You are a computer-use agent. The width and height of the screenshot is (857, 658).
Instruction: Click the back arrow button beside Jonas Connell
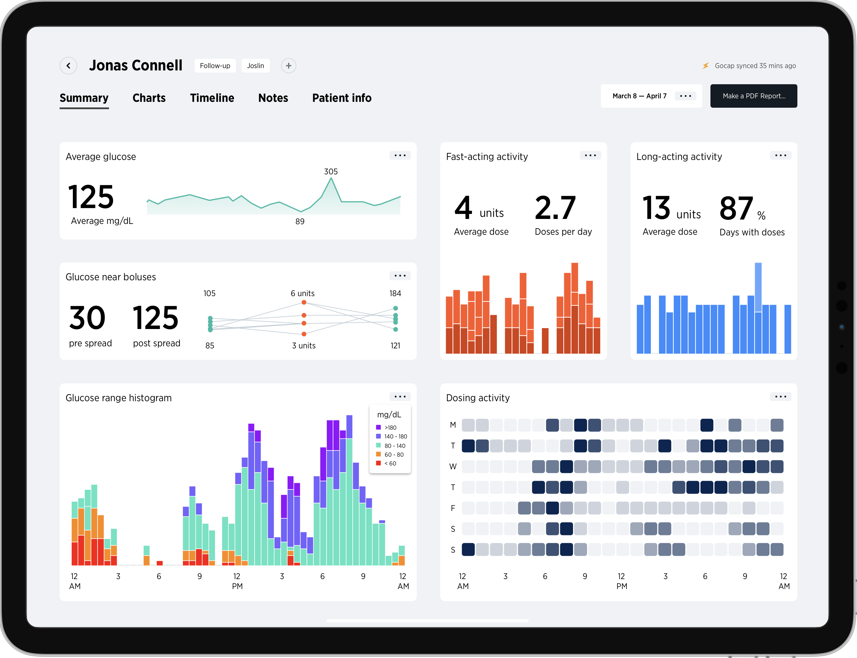pyautogui.click(x=68, y=66)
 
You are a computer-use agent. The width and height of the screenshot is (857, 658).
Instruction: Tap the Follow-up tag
pyautogui.click(x=215, y=66)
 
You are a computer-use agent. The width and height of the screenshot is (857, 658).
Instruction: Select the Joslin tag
pyautogui.click(x=255, y=66)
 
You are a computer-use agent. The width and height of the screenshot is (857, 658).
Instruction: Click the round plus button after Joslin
pyautogui.click(x=288, y=66)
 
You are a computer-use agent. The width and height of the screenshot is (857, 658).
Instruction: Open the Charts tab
pyautogui.click(x=149, y=98)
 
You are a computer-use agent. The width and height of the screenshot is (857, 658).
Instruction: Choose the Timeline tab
pyautogui.click(x=212, y=98)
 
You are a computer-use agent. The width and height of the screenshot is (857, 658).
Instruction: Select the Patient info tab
pyautogui.click(x=341, y=98)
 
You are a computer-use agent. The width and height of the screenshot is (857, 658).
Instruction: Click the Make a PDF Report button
pyautogui.click(x=753, y=96)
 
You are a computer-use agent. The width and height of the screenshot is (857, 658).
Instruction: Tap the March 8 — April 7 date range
pyautogui.click(x=639, y=96)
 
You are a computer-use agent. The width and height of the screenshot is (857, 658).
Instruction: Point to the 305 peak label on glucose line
pyautogui.click(x=331, y=172)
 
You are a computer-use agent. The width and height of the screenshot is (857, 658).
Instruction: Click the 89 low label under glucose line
pyautogui.click(x=300, y=222)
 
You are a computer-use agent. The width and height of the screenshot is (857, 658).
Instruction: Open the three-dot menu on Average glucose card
pyautogui.click(x=400, y=156)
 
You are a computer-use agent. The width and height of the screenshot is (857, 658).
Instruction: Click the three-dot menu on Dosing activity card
pyautogui.click(x=780, y=397)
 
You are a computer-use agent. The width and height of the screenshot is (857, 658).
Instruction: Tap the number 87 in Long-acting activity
pyautogui.click(x=736, y=209)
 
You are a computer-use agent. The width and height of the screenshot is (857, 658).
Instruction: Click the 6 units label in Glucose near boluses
pyautogui.click(x=303, y=293)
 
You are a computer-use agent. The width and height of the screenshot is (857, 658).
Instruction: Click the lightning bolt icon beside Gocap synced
pyautogui.click(x=705, y=66)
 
